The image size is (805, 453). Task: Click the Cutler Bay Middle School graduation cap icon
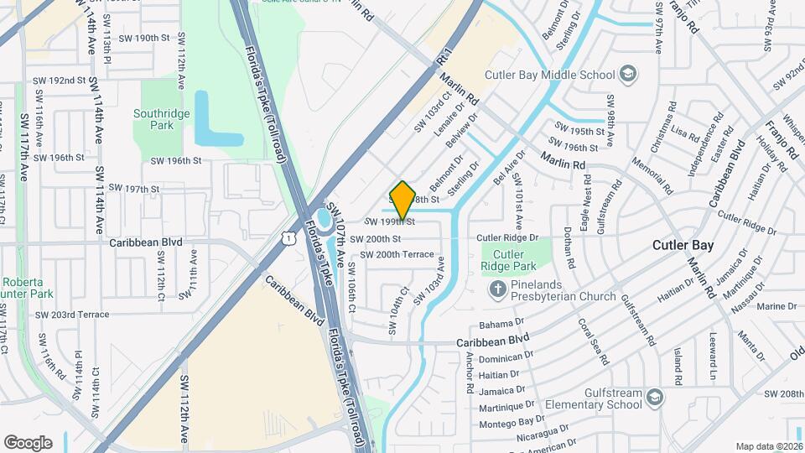coord(626,75)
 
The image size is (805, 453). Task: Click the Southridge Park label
coord(153,119)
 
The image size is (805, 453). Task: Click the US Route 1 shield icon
coord(288,239)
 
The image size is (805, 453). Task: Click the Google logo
coord(28,442)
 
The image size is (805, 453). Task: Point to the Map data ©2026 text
coord(768,446)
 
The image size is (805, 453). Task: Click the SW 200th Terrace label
coord(397,254)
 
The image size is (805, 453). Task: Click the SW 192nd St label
coord(60,81)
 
